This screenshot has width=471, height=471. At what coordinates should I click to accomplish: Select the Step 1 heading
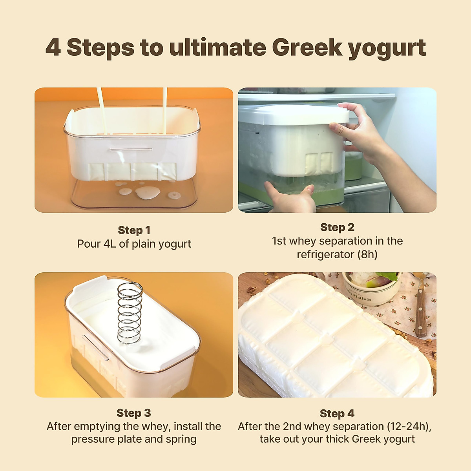coord(134,230)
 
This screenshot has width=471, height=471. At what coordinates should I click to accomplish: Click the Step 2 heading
coord(337,227)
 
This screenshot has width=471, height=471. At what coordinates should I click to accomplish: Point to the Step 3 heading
coord(133,413)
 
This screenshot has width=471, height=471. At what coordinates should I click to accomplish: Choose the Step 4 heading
coord(337,413)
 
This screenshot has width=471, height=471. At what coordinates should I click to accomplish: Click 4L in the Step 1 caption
coord(110,244)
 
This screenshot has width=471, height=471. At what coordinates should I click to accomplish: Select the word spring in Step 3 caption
coord(181,439)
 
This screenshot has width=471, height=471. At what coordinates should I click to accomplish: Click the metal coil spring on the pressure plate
coord(130,312)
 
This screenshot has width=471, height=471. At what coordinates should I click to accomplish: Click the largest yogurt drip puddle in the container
coord(147,192)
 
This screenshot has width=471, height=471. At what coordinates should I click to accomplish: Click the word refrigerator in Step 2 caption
coord(325,254)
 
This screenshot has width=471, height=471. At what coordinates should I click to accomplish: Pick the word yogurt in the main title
coord(387,48)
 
